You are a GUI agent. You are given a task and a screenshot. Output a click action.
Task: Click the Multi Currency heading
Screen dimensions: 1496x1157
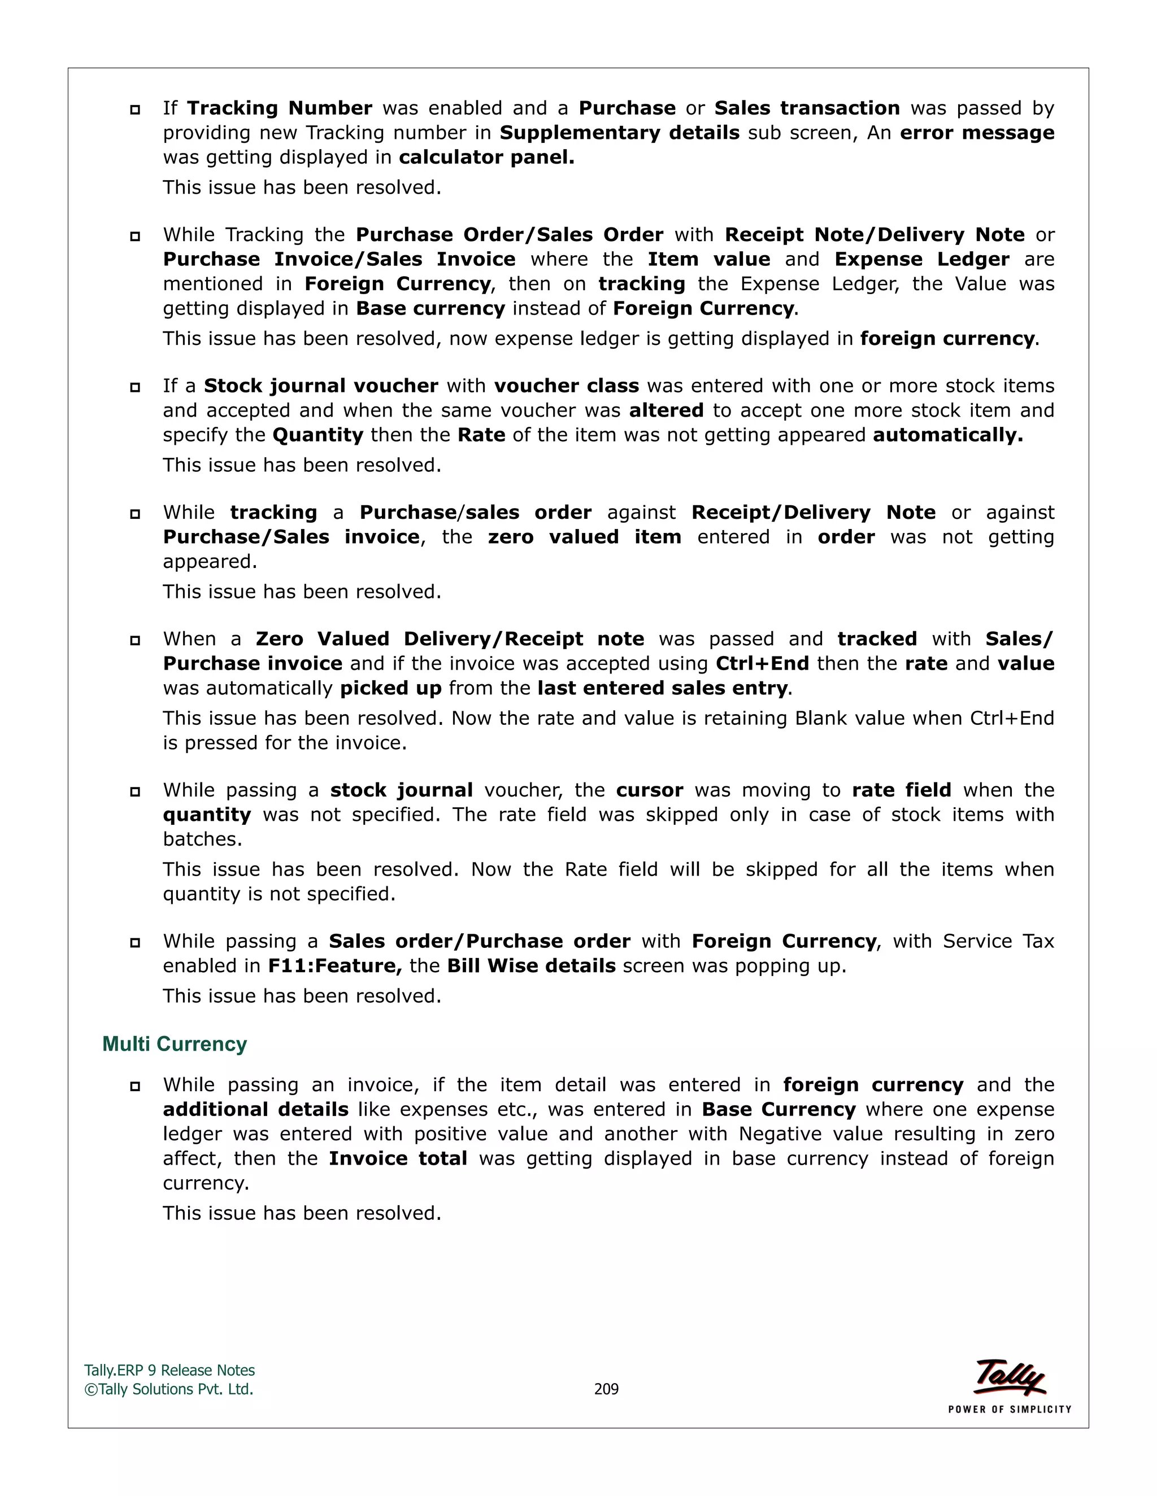click(174, 1044)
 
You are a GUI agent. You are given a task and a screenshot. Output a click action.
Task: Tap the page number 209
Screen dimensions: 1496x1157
click(606, 1389)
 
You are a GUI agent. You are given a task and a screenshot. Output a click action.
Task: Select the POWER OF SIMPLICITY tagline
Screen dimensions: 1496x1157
click(1009, 1409)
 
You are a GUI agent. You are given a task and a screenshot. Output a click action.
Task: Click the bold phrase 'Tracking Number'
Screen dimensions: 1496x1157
click(280, 108)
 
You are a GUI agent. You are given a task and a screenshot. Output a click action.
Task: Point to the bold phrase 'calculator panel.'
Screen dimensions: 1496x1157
click(486, 158)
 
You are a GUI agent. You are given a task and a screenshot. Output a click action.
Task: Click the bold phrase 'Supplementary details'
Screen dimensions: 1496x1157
click(620, 133)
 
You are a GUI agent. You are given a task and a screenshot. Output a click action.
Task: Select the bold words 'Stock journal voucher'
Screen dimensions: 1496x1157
click(321, 386)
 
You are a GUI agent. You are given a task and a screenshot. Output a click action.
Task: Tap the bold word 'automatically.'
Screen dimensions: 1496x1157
click(947, 435)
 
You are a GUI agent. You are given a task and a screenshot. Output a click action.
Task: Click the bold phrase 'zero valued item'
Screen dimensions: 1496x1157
click(585, 537)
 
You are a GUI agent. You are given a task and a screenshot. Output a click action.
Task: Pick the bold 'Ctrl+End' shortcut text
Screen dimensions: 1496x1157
click(762, 664)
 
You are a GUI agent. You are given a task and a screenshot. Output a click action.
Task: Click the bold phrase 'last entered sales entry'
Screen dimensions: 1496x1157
click(662, 688)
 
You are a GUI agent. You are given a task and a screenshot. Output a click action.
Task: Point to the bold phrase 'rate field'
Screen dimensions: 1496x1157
click(901, 790)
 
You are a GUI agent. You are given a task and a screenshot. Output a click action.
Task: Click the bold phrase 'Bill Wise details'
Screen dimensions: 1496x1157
click(531, 966)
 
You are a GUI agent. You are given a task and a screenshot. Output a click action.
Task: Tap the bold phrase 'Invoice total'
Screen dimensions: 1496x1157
click(398, 1159)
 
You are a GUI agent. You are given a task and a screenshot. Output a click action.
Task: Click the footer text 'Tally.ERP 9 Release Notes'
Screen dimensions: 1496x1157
click(169, 1370)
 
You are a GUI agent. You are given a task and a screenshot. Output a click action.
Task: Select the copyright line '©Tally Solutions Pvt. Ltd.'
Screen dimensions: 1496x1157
click(168, 1389)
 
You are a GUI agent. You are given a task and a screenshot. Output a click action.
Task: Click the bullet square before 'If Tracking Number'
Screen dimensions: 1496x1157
click(135, 110)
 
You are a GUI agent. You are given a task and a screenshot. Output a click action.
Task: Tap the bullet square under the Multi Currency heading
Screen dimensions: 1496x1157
click(135, 1086)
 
